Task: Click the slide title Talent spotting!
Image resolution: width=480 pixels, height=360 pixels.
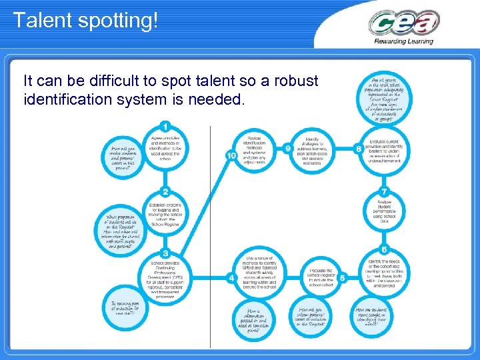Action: pyautogui.click(x=85, y=20)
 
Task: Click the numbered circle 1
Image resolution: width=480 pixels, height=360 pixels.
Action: pyautogui.click(x=165, y=127)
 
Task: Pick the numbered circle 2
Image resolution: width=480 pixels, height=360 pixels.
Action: pyautogui.click(x=165, y=192)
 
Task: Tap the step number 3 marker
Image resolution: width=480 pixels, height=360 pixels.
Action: pyautogui.click(x=165, y=253)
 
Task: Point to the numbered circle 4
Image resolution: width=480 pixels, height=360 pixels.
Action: pyautogui.click(x=231, y=277)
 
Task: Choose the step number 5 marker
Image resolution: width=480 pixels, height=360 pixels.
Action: pyautogui.click(x=342, y=277)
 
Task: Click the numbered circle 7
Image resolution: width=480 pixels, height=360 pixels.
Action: pyautogui.click(x=384, y=192)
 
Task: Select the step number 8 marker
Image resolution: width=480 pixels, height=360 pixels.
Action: pyautogui.click(x=359, y=149)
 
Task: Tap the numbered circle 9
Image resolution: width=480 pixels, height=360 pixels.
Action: pyautogui.click(x=287, y=148)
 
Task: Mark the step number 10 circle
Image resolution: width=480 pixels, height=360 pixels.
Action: pyautogui.click(x=231, y=155)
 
